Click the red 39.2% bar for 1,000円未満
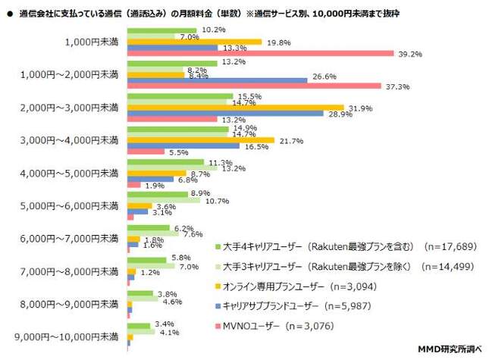coord(260,53)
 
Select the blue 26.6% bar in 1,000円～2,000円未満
coord(217,79)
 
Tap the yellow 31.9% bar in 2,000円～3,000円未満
coord(235,108)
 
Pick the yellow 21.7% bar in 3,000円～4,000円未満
coord(200,140)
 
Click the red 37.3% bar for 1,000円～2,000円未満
coord(254,87)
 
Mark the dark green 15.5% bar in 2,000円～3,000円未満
coord(179,96)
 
